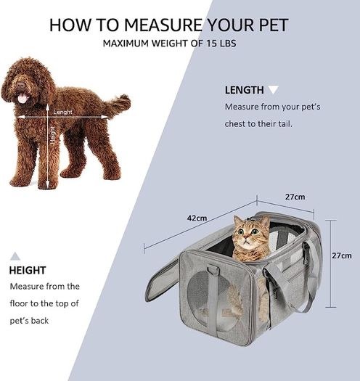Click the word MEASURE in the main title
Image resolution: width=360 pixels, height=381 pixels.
163,25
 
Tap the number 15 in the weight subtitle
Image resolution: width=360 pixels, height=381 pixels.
211,44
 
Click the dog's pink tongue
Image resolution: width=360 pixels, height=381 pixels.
22,98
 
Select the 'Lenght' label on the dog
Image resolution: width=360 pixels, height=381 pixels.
62,112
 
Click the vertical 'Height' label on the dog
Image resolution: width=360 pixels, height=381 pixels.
52,134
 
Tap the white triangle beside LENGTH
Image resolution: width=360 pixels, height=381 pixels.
273,90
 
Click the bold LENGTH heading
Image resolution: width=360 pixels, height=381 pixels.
245,90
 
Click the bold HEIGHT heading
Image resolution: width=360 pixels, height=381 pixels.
28,270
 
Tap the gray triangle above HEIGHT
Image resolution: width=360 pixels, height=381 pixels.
15,256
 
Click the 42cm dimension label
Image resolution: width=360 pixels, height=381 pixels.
197,218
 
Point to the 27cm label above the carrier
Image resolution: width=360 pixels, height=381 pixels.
295,197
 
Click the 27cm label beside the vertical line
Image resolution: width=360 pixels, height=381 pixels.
342,255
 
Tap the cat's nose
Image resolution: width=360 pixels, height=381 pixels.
246,237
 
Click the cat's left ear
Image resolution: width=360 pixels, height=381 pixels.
238,221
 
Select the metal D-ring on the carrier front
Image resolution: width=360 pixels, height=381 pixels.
213,270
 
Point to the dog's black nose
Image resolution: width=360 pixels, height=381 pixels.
20,85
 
